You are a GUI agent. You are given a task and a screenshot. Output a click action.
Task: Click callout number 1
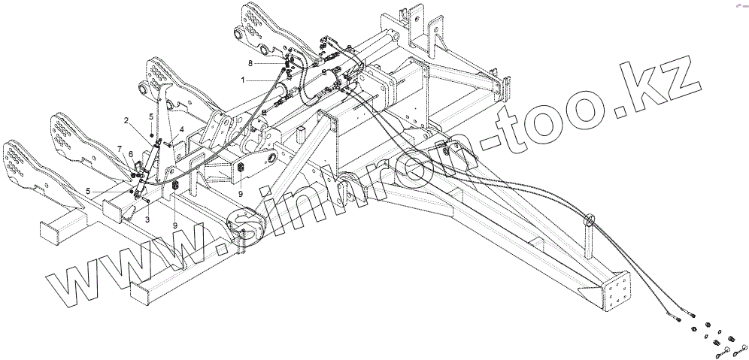[x=243, y=80]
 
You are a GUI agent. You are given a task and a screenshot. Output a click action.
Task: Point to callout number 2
[x=126, y=120]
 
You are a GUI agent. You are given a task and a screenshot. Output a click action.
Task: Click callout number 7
[x=120, y=147]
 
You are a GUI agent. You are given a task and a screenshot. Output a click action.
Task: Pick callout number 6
[x=131, y=154]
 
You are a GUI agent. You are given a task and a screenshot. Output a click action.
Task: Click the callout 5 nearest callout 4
[x=150, y=116]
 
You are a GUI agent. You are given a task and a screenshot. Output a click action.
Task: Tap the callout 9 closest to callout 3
[x=175, y=225]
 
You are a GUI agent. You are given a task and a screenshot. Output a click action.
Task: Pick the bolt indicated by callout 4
[x=170, y=144]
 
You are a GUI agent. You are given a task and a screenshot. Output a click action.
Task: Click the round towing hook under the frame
[x=246, y=225]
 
